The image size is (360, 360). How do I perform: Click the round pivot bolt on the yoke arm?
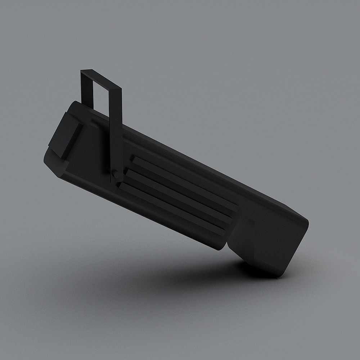point(116,175)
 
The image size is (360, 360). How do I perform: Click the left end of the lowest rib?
point(121,186)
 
